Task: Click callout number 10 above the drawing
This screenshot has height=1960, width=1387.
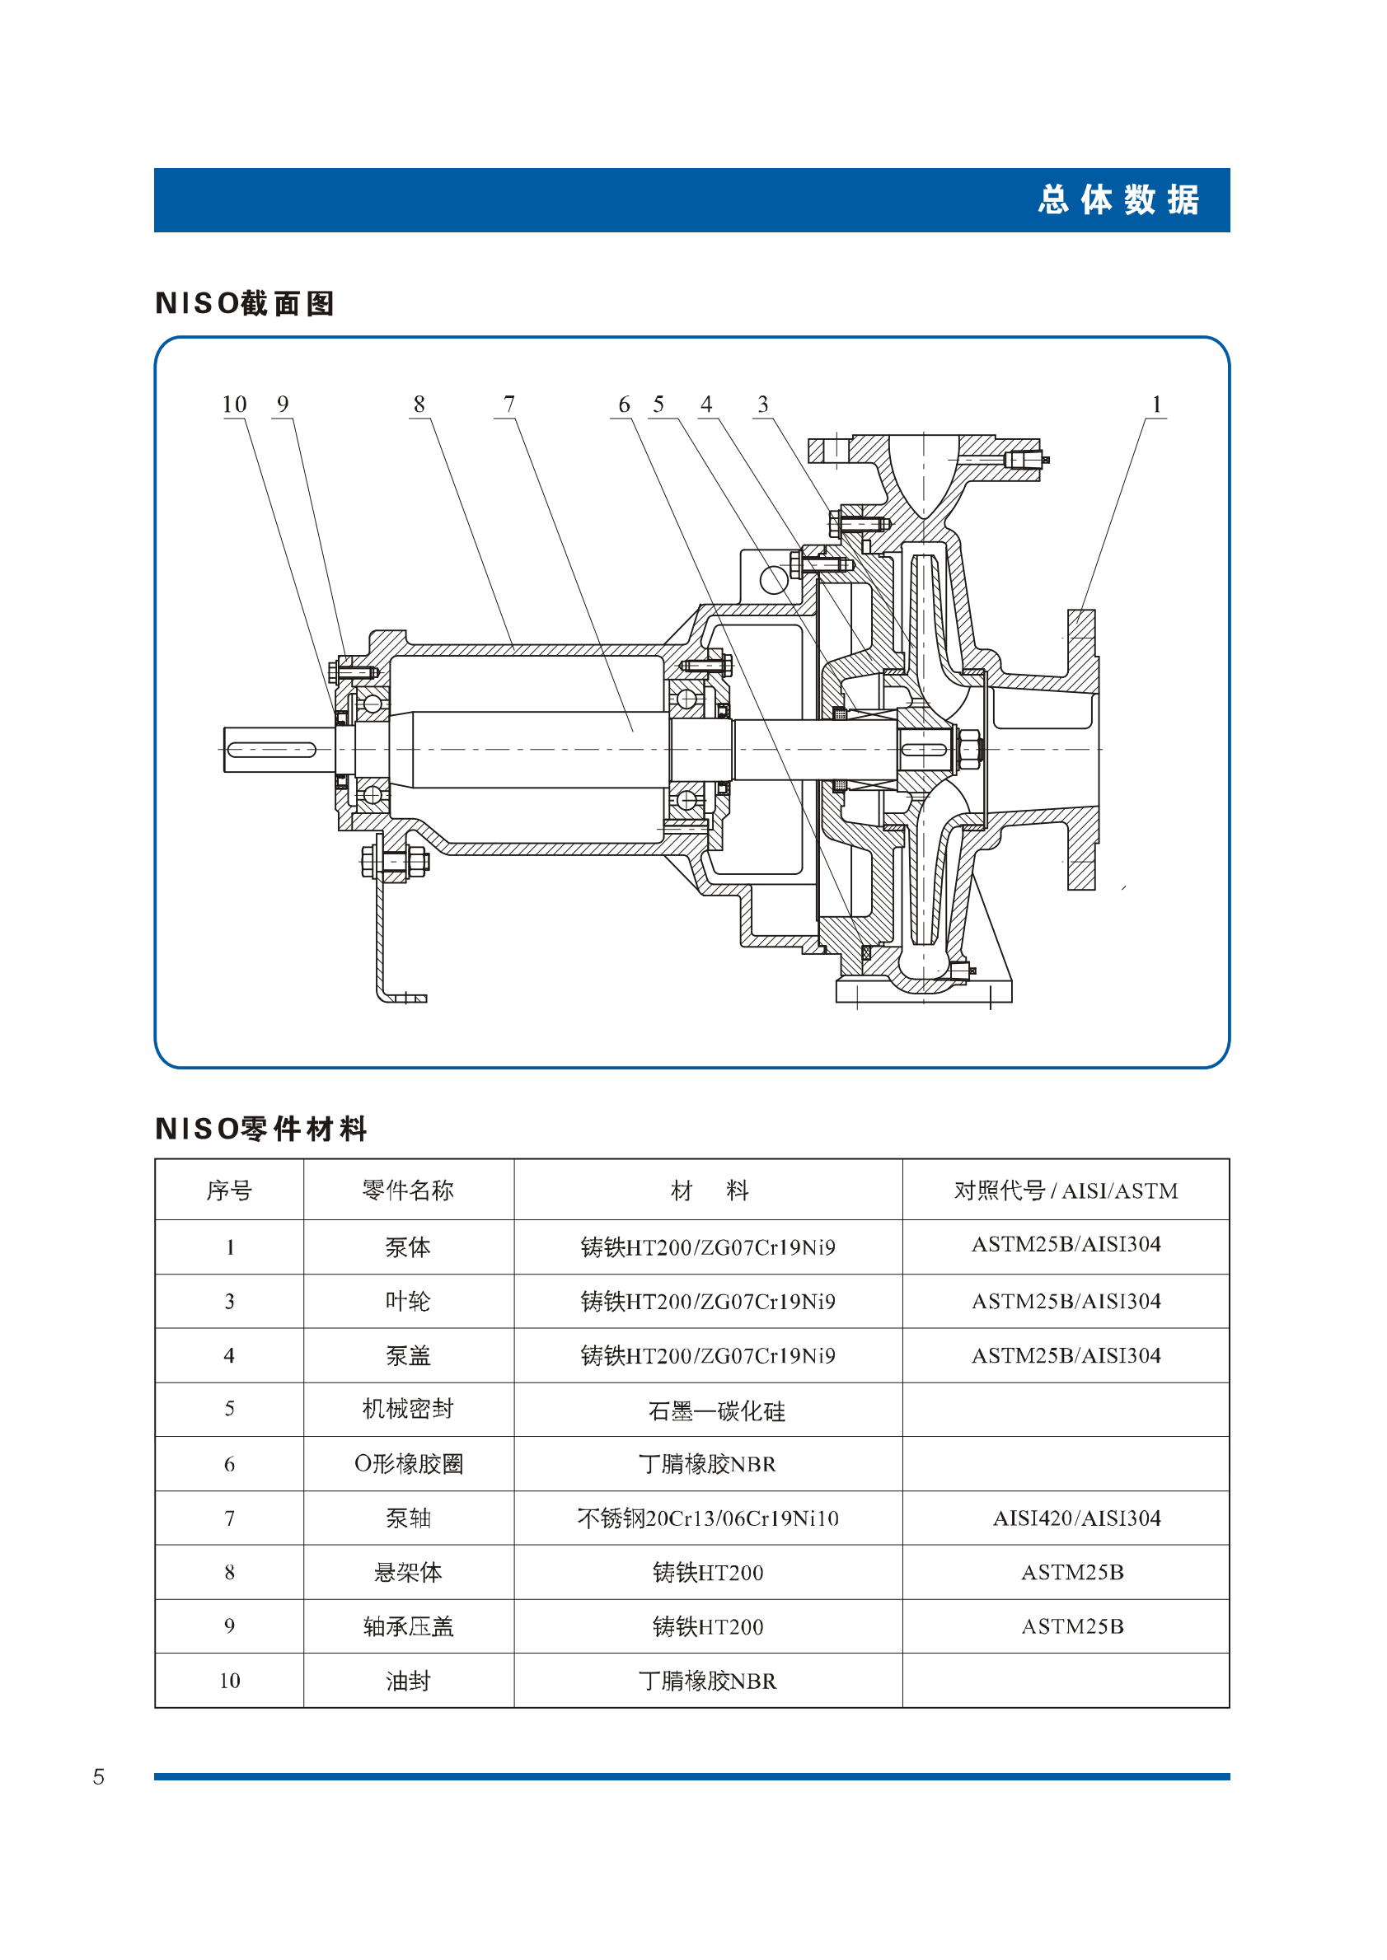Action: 234,404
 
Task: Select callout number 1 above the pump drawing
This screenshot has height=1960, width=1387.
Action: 1156,404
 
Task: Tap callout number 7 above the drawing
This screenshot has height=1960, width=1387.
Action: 509,404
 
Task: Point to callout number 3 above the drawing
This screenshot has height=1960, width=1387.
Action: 762,404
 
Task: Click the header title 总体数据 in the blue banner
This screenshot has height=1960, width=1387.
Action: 1119,199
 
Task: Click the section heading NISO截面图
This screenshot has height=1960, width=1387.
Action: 244,303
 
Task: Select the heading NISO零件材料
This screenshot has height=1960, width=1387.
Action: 260,1129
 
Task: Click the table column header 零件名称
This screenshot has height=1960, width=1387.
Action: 408,1190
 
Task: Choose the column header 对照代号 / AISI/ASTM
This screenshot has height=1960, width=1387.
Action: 1066,1190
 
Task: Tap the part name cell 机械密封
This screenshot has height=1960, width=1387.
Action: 408,1409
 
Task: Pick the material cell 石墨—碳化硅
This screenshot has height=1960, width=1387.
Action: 716,1411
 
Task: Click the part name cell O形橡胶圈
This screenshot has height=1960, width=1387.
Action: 408,1464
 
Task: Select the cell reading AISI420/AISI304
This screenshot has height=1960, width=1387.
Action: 1077,1518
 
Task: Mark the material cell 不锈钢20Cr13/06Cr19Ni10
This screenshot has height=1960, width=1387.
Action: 708,1518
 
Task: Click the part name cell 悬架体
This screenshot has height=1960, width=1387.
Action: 408,1572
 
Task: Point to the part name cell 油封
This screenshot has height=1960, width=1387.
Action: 408,1681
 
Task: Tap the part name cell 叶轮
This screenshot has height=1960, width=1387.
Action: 408,1301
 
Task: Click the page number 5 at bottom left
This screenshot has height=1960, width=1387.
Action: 98,1776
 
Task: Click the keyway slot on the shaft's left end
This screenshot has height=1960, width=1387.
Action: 272,750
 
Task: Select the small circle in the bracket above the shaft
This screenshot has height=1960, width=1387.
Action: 773,581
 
